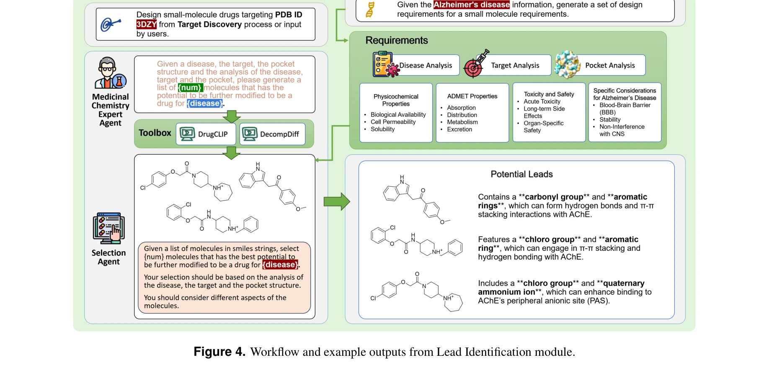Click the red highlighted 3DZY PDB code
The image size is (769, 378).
[146, 24]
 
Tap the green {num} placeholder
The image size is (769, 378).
[190, 87]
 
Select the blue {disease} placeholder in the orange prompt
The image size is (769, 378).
[205, 103]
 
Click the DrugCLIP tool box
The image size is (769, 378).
[206, 134]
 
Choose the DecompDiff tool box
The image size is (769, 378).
[272, 134]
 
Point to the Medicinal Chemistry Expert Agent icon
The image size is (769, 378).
[110, 73]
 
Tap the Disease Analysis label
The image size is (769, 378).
[426, 65]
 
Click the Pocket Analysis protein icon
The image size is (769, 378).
[567, 64]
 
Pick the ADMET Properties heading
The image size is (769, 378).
[472, 96]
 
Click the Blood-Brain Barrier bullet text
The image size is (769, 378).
[624, 105]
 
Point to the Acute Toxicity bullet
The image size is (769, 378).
[542, 101]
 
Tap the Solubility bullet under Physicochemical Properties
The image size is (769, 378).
[382, 129]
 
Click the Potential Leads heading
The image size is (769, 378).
[521, 174]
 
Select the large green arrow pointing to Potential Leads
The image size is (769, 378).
[336, 202]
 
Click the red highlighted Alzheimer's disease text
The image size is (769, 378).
[471, 5]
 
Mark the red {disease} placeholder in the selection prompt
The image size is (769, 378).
[280, 265]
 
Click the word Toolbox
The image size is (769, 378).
[155, 133]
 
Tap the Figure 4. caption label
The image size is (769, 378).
[219, 352]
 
